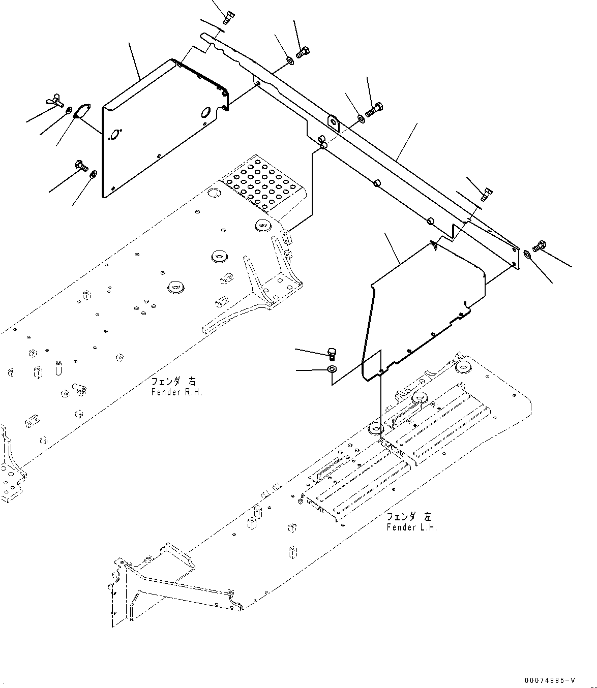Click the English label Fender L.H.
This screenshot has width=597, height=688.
pos(411,527)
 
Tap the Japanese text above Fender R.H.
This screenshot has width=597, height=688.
pos(173,381)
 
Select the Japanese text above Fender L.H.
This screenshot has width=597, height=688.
pos(408,517)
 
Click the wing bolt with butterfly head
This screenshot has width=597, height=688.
pos(54,101)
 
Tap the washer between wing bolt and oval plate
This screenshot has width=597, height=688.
pos(69,109)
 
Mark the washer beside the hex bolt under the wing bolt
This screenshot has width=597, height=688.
pos(93,175)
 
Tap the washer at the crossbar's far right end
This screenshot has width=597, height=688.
pos(527,254)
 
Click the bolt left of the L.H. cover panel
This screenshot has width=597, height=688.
pos(331,352)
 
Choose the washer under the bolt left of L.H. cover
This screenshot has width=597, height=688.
pos(332,368)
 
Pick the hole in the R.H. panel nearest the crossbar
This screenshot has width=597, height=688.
pos(206,112)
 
